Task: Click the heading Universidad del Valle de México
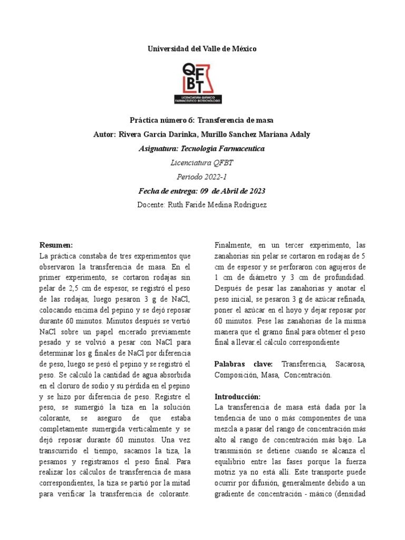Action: [202, 49]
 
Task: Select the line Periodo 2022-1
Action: [202, 177]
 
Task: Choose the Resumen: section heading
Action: [56, 245]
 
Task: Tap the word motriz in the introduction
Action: [226, 472]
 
